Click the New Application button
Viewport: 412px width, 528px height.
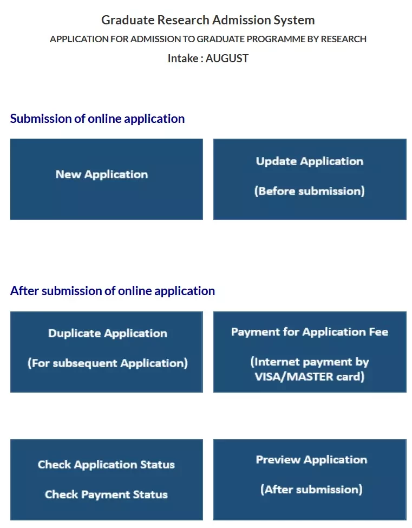106,179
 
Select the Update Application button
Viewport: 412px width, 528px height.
310,179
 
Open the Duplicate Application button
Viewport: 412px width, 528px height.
106,352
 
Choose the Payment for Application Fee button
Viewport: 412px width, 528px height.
310,352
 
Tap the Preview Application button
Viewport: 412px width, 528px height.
310,480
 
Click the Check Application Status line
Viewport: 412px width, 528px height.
106,465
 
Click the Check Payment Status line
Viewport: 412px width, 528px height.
106,494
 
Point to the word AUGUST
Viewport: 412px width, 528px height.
227,58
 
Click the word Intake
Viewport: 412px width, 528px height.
183,58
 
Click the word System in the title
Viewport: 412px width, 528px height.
294,21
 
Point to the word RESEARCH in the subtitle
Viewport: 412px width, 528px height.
343,39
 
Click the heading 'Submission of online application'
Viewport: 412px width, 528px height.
97,119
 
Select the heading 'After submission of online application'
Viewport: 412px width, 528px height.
113,291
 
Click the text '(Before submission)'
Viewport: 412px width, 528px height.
310,191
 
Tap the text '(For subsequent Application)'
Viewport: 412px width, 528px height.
108,363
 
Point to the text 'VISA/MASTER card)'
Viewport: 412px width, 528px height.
310,377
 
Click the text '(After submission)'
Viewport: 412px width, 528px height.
311,490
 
